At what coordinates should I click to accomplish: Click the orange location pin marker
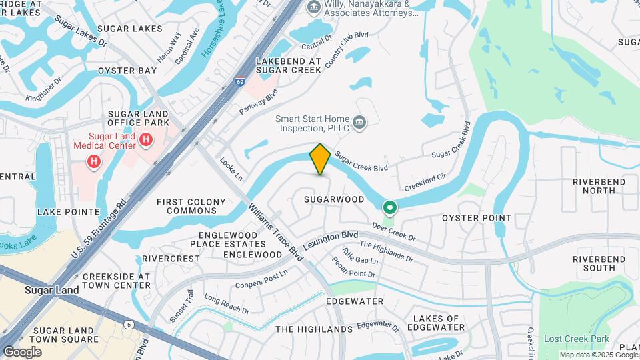pyautogui.click(x=321, y=159)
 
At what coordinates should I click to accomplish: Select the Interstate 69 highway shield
pyautogui.click(x=239, y=82)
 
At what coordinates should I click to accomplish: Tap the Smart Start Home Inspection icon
pyautogui.click(x=359, y=121)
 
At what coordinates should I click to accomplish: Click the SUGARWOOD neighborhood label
pyautogui.click(x=334, y=199)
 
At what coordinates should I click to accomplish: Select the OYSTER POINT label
pyautogui.click(x=477, y=218)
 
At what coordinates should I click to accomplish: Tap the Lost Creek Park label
pyautogui.click(x=577, y=339)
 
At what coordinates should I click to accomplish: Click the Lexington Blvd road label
pyautogui.click(x=331, y=241)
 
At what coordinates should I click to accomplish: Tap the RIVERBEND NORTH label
pyautogui.click(x=599, y=186)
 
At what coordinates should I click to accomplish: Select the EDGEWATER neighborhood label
pyautogui.click(x=355, y=301)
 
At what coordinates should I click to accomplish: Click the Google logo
pyautogui.click(x=22, y=352)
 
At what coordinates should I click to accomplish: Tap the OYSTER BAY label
pyautogui.click(x=127, y=70)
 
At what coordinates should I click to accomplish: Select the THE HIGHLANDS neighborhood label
pyautogui.click(x=314, y=329)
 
